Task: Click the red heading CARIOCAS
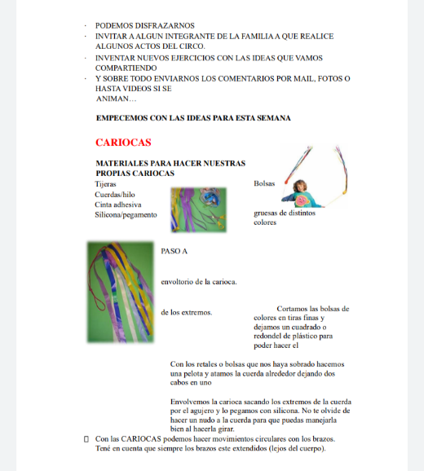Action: pos(123,143)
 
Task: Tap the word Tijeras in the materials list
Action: pos(105,184)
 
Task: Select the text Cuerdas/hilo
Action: pos(115,194)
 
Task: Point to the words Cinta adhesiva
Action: pos(118,205)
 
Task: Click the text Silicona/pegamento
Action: pos(126,215)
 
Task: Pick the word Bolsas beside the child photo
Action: pos(264,183)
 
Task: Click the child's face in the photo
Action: pos(299,187)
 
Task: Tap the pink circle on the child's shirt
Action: pos(301,200)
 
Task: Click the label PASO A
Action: pos(174,251)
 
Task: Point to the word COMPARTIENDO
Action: pos(126,68)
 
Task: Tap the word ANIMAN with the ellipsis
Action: pos(116,99)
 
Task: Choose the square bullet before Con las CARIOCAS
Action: pos(86,439)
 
